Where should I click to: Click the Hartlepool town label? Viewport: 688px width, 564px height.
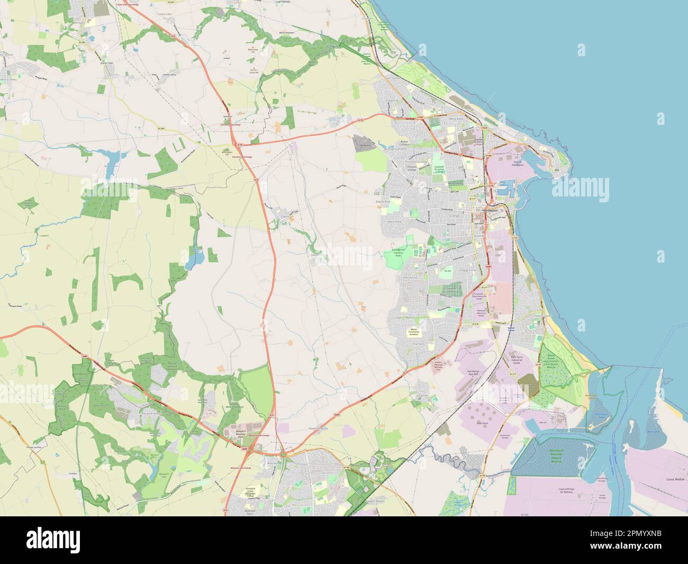tap(484, 210)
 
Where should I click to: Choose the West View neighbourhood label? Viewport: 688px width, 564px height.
tap(456, 119)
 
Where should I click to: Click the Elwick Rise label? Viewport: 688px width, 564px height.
tap(383, 202)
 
